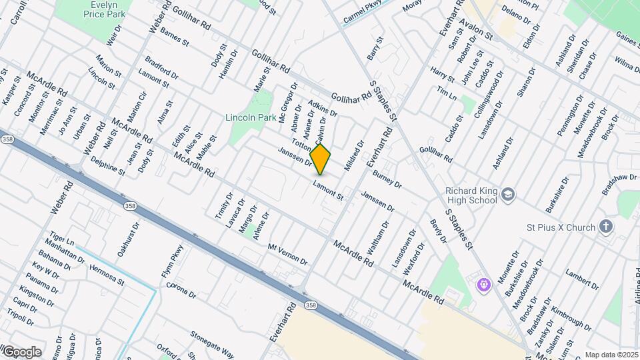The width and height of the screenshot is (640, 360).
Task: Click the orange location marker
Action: pyautogui.click(x=320, y=159)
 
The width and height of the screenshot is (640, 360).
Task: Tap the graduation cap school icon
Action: pyautogui.click(x=509, y=194)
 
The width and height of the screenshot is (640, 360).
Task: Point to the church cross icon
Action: pyautogui.click(x=607, y=227)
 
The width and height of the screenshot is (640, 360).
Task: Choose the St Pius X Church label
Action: pyautogui.click(x=567, y=227)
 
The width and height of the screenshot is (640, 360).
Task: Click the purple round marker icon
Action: pyautogui.click(x=485, y=285)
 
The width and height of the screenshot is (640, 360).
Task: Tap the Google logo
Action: pyautogui.click(x=21, y=351)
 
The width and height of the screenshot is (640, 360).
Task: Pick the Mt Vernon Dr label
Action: pyautogui.click(x=287, y=254)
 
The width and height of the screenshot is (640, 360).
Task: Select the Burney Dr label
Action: pyautogui.click(x=387, y=179)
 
